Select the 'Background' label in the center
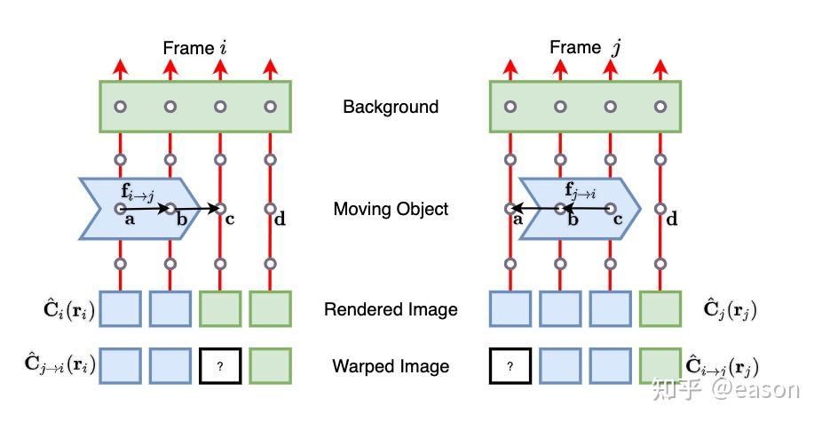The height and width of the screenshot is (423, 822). coord(391,107)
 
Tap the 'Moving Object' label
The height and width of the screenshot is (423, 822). coord(391,209)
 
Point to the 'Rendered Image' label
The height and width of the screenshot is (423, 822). coord(391,309)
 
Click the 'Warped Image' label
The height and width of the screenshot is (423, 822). coord(391,365)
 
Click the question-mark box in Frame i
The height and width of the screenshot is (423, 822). coord(219,365)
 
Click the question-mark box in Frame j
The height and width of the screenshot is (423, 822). coord(510,365)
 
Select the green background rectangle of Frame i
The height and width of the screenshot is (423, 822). coord(194,107)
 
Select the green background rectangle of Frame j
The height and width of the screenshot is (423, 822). coord(585,107)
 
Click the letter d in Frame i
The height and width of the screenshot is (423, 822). coord(280,219)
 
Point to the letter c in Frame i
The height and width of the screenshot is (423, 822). coord(230,219)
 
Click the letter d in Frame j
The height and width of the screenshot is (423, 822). coord(672,219)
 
